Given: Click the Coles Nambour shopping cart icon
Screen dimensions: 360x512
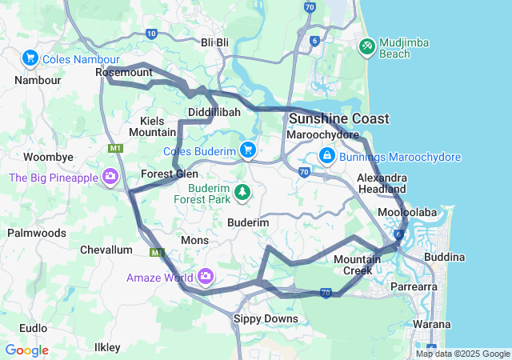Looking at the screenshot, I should pos(30,58).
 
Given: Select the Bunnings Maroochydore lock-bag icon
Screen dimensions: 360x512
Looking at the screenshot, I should pos(327,155).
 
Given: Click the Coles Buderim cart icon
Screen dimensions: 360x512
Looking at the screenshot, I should pos(248,150).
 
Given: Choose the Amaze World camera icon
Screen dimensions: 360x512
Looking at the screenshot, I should pos(206,277).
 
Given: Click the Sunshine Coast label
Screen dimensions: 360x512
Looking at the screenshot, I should pos(338,118).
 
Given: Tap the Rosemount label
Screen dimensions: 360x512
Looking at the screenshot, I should pos(123,73).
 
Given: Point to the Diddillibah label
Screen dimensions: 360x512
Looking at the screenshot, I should pos(214,112).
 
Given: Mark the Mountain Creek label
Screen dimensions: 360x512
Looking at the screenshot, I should pos(353,265).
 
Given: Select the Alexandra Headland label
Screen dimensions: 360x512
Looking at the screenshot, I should pos(382,182).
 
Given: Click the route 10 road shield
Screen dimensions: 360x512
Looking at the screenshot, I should pos(152,33).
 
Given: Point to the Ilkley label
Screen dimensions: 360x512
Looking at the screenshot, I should pos(107,347).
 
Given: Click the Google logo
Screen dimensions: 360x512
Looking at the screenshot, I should pos(26,350).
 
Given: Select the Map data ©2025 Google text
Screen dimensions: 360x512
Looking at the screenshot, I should pos(462,354).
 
